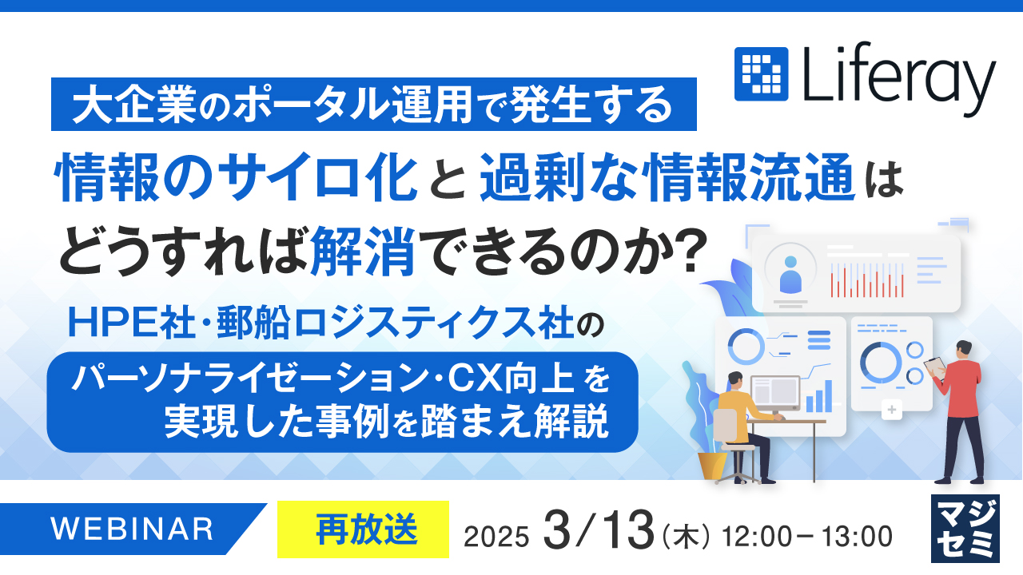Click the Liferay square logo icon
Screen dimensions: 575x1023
tap(761, 74)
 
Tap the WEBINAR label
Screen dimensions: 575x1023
tap(133, 529)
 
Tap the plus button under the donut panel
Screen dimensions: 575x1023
tap(891, 411)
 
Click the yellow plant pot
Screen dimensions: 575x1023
tap(711, 464)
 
